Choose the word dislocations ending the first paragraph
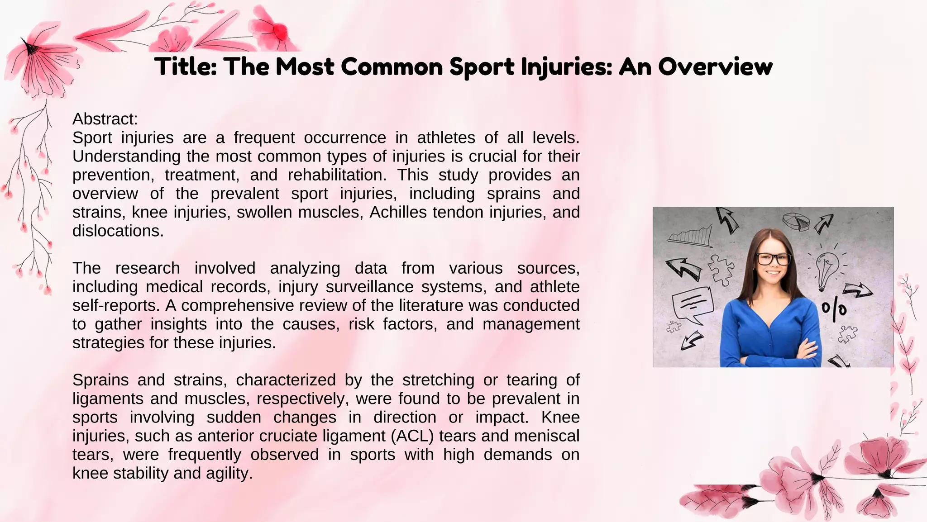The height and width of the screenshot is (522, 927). (118, 231)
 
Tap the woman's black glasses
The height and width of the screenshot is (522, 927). (774, 259)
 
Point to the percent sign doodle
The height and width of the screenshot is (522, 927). (834, 310)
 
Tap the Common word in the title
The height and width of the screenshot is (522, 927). (392, 67)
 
